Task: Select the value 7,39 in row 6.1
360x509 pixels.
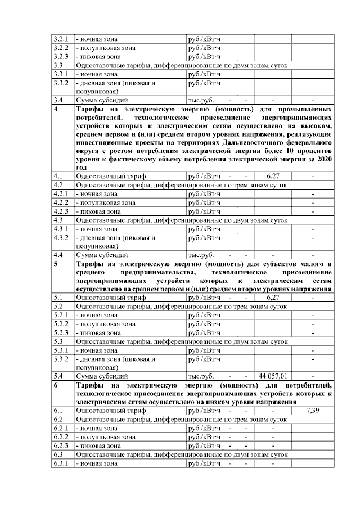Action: (x=313, y=411)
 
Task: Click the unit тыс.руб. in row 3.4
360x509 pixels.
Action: (x=201, y=100)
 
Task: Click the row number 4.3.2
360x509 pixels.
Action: (x=60, y=238)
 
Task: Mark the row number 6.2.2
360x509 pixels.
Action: (x=60, y=436)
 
